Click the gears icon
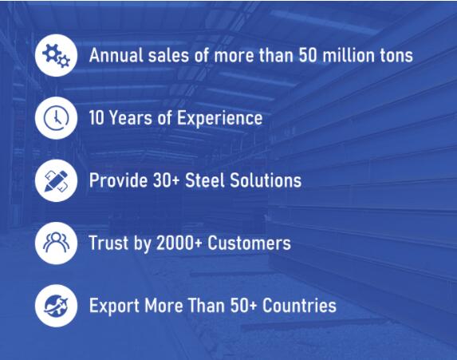pos(57,55)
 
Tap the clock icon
pos(57,118)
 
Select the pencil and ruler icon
pos(57,181)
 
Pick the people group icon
pos(57,242)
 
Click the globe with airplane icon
pos(57,306)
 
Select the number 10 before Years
pos(97,118)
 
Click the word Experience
pos(220,119)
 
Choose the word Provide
pos(118,180)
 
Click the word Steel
pos(206,180)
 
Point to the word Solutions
pos(266,180)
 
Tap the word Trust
pos(108,243)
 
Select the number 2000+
pos(179,243)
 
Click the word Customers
pos(249,243)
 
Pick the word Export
pos(114,306)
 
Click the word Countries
pos(299,306)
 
